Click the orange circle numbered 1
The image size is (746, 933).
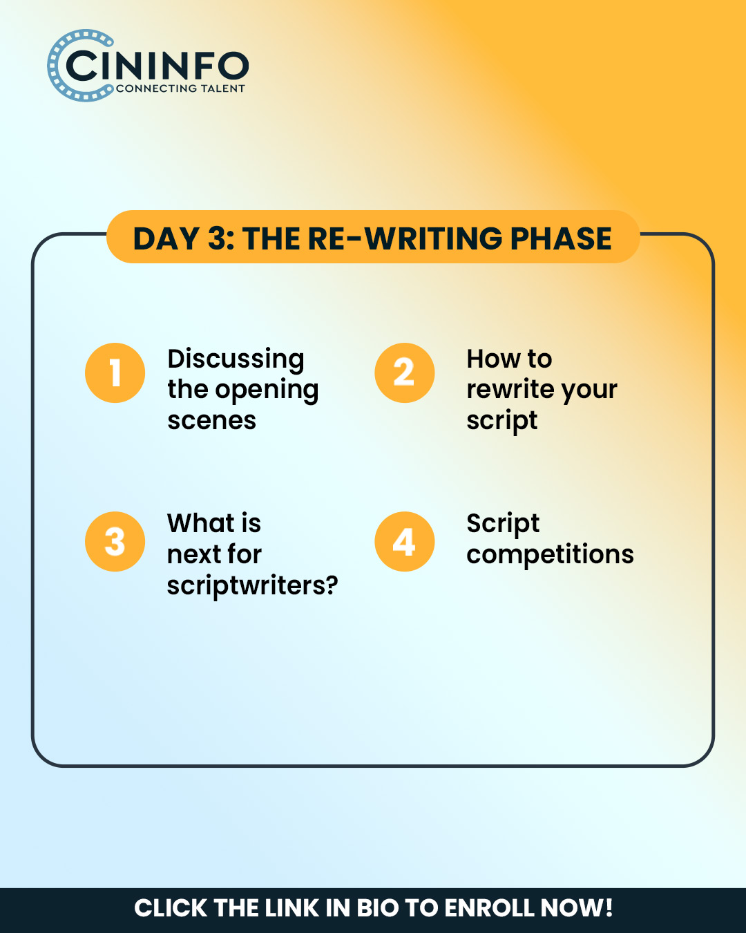(115, 373)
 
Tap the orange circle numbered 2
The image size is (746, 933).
(404, 373)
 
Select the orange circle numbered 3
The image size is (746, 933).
(115, 542)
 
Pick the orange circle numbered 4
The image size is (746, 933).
(404, 542)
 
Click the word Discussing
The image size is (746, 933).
(236, 360)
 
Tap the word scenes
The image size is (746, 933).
(211, 421)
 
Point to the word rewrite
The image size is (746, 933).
(510, 389)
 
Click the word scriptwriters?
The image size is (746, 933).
(252, 586)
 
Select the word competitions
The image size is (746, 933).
(550, 555)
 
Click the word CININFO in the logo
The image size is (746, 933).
(157, 66)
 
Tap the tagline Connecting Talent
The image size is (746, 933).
(180, 88)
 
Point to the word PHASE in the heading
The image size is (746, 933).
(561, 239)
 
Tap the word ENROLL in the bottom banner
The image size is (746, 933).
(489, 908)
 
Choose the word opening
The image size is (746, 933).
(267, 390)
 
